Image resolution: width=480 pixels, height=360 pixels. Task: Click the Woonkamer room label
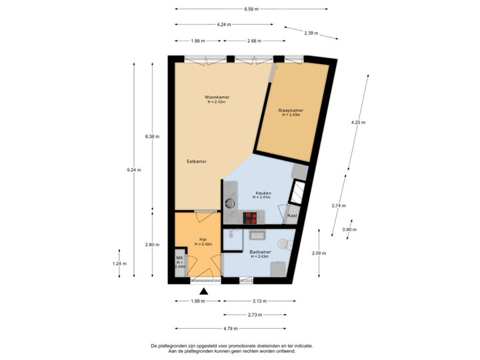tap(218, 97)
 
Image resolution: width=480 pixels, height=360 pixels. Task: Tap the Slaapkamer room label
tap(291, 110)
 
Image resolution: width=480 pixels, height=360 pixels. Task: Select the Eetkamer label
tap(196, 161)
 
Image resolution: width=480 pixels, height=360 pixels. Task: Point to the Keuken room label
tap(262, 193)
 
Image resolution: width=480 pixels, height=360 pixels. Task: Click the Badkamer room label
tap(259, 252)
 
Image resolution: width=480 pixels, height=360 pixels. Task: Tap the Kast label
tap(291, 216)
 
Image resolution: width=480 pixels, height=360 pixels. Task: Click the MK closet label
tap(179, 257)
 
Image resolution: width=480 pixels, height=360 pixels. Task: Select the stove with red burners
tap(251, 216)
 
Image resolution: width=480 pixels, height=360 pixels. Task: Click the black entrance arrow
tap(204, 291)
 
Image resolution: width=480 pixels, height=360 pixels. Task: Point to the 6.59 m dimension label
tap(251, 9)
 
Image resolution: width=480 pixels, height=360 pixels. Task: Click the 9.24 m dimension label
tap(134, 170)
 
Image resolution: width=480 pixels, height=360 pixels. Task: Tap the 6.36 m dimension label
tap(153, 137)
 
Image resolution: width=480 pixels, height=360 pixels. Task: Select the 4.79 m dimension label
tap(231, 328)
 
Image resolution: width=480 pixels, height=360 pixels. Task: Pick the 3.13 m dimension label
tap(260, 301)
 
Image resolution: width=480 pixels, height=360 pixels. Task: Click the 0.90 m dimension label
tap(349, 229)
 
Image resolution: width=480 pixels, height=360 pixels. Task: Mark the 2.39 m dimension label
tap(311, 33)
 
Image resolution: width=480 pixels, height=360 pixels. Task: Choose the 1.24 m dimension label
tap(121, 263)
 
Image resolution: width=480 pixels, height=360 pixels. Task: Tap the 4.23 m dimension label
tap(358, 122)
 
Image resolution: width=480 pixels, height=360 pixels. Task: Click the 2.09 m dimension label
tap(319, 253)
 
